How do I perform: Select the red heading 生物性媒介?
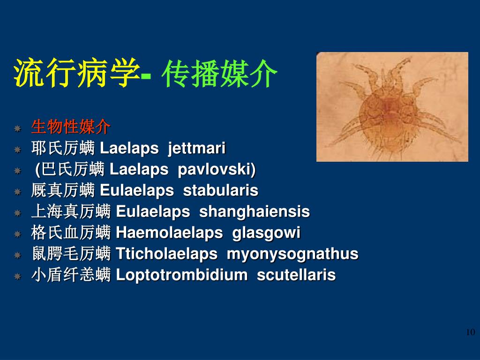[71, 127]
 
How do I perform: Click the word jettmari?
[197, 149]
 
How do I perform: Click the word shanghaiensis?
[255, 212]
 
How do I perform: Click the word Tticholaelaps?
[166, 254]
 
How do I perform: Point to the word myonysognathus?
[292, 254]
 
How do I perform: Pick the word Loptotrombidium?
[181, 275]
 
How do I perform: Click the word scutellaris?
[296, 275]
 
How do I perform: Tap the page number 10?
[470, 332]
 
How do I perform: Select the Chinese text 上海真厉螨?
[71, 212]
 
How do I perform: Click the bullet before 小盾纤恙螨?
[18, 276]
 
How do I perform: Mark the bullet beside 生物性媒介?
[18, 128]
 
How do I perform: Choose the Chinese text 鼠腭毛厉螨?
[71, 254]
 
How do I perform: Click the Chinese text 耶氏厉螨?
[63, 149]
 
